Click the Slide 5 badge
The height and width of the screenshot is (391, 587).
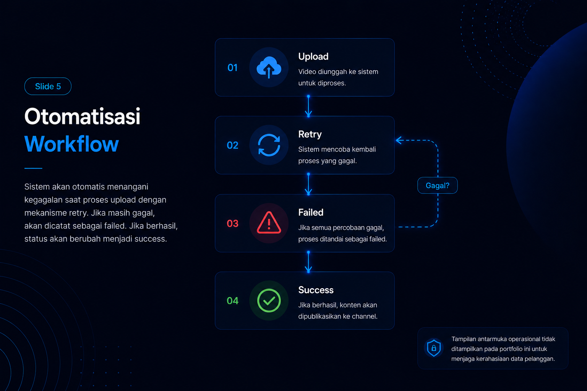pos(48,86)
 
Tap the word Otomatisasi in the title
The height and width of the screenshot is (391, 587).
pos(82,116)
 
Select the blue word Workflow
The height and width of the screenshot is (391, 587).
pos(71,144)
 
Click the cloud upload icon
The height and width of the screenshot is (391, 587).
pos(269,67)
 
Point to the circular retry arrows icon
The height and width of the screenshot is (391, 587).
pos(269,145)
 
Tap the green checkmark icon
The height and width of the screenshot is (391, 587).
pos(269,301)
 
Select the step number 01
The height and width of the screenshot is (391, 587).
pos(232,68)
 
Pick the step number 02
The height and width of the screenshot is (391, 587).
pos(232,145)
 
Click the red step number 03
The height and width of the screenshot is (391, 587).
pos(232,223)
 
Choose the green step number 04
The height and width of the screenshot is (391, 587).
pos(232,301)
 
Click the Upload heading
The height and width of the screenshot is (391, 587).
pos(313,57)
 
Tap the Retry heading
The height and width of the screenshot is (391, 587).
pos(310,134)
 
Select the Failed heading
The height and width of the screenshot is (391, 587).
pos(311,212)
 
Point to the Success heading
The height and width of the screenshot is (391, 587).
pos(316,290)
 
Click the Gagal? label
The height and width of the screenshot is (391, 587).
pos(437,186)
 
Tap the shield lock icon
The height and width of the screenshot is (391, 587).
pos(434,348)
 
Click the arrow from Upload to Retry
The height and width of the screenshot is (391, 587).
pos(308,106)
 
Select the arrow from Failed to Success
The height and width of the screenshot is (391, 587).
pos(308,262)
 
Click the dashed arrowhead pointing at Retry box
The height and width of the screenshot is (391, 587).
pos(399,141)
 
